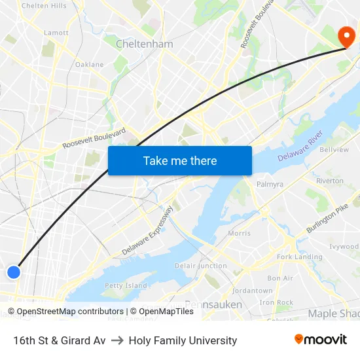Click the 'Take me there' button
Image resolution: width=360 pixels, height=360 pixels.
[180, 160]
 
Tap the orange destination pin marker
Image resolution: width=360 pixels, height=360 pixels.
[345, 36]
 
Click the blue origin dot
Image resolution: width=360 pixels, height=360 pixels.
[13, 272]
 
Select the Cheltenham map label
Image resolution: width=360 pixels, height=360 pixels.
[144, 45]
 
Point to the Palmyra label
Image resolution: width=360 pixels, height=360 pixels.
[270, 184]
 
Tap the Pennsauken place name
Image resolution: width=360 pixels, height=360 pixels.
[213, 304]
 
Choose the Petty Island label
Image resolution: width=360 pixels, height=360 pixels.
[126, 285]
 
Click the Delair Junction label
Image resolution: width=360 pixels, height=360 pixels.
[200, 266]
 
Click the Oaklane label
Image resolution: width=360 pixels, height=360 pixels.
[90, 64]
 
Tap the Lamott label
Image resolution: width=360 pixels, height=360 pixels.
[56, 32]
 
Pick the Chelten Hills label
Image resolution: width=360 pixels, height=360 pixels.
[44, 6]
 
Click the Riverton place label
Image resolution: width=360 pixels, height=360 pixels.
[329, 181]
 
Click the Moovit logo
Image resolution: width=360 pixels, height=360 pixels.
[321, 340]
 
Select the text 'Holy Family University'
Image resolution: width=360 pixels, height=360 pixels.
[183, 340]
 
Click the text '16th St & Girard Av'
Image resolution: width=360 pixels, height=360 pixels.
[59, 340]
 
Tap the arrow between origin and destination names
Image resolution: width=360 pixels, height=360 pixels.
[117, 340]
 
